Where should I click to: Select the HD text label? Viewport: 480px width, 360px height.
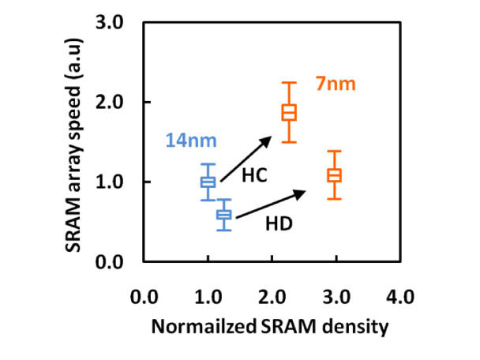(279, 223)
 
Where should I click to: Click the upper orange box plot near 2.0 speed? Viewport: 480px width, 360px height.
(289, 112)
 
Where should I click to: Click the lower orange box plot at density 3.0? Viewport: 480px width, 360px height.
(335, 175)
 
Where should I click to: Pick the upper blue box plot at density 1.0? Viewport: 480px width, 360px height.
(208, 182)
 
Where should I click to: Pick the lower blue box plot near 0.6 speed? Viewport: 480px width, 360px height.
(224, 214)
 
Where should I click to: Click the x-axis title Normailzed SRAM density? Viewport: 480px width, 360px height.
(271, 327)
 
